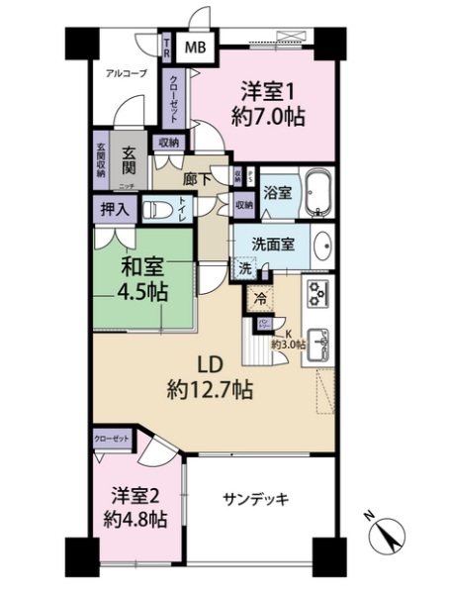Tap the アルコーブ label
(127, 72)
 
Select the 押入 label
(115, 209)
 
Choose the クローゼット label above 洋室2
(110, 437)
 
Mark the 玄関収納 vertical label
(102, 158)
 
